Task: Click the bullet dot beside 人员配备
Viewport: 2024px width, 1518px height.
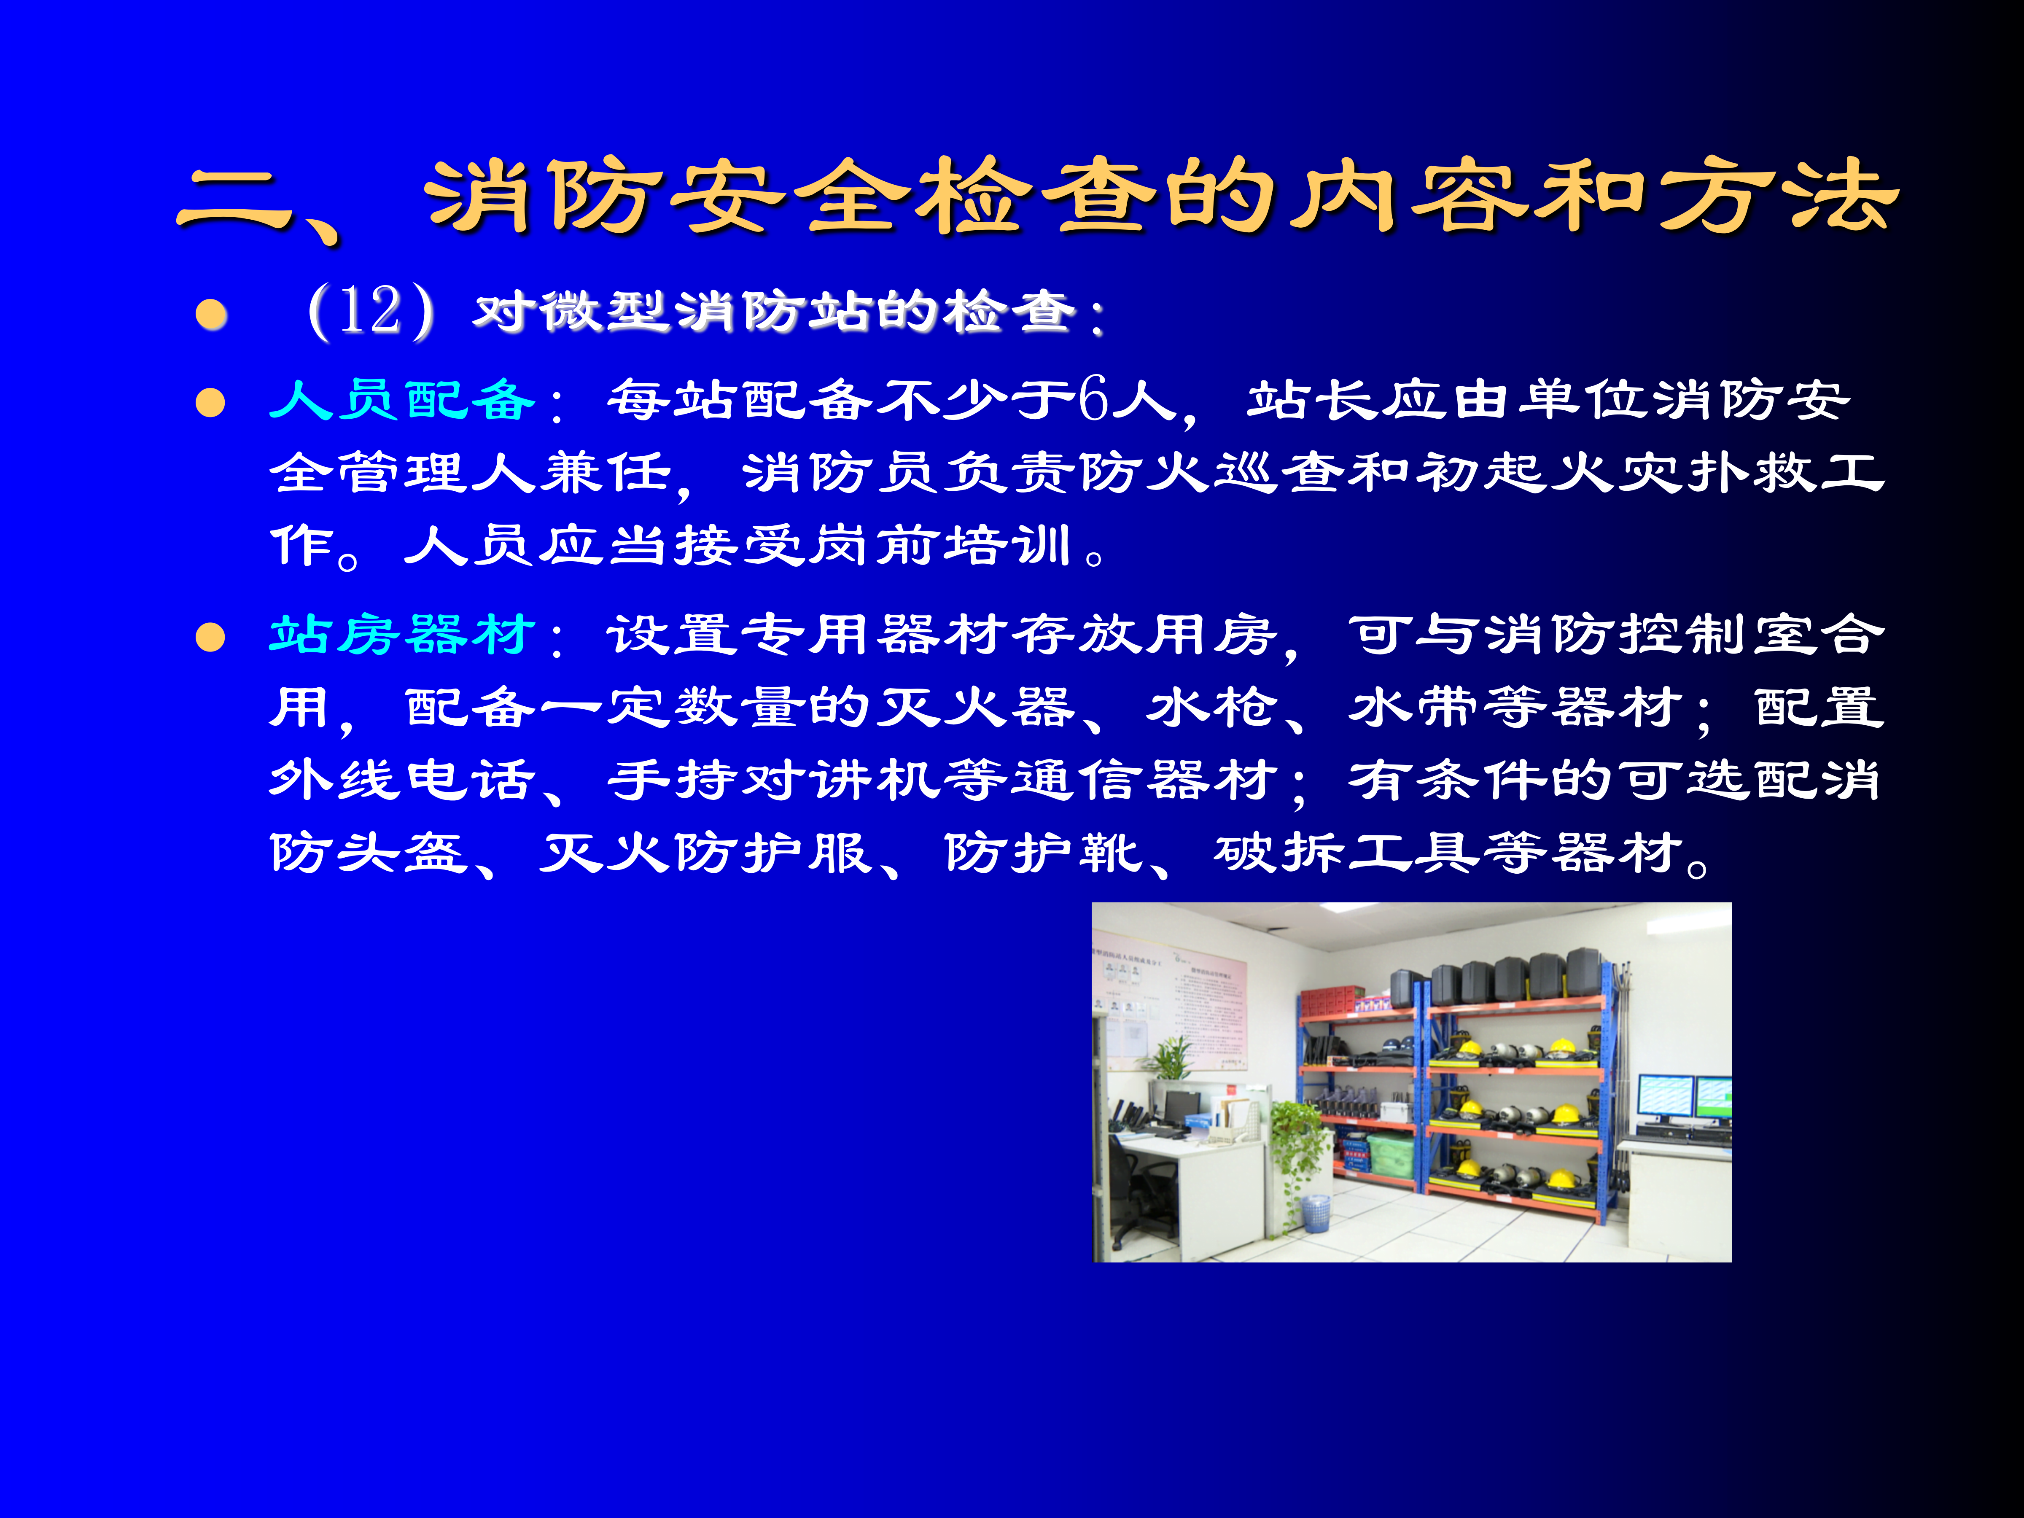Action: click(210, 403)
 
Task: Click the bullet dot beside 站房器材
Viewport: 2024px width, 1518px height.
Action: click(210, 637)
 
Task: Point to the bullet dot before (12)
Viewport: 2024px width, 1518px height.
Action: click(211, 315)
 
